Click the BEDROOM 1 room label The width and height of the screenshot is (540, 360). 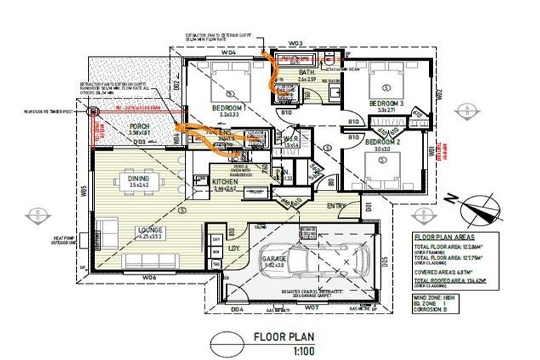click(x=227, y=108)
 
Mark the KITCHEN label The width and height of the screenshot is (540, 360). click(x=226, y=182)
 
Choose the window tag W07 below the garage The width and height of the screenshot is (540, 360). click(x=314, y=308)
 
